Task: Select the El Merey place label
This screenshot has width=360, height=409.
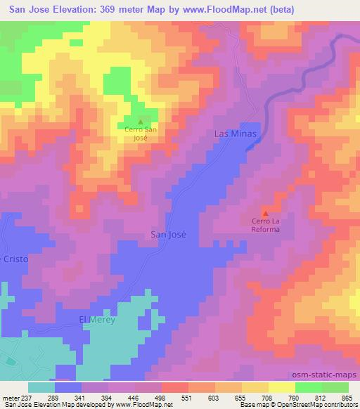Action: point(96,320)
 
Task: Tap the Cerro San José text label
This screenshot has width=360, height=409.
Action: point(141,134)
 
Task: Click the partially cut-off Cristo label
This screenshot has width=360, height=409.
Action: point(14,259)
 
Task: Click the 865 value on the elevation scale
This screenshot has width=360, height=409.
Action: point(347,398)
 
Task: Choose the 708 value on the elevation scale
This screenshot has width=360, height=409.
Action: point(267,398)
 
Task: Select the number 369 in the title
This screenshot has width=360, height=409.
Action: point(120,10)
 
